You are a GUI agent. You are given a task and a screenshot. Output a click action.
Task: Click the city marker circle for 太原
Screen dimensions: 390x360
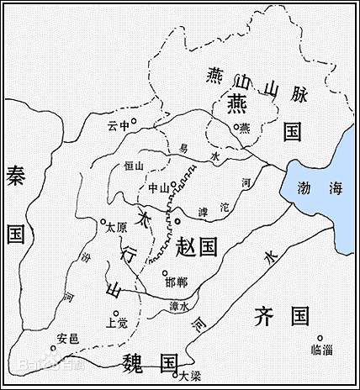pos(103,222)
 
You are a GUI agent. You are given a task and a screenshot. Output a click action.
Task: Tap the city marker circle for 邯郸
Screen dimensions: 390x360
pos(165,272)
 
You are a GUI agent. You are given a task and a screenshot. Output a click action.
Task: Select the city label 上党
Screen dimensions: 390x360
pos(117,319)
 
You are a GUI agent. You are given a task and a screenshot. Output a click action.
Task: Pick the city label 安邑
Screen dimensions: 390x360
pos(67,338)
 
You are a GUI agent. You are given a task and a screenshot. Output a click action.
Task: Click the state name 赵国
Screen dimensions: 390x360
pos(198,245)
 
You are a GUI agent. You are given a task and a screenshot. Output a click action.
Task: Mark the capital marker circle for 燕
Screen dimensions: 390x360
pos(237,126)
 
